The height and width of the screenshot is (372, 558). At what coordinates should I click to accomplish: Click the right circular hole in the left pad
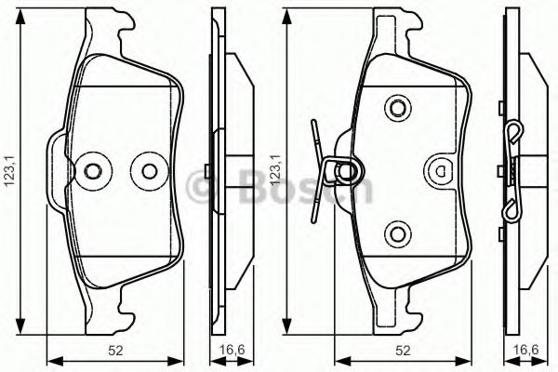147,170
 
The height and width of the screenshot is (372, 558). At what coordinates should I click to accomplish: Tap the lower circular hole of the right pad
397,232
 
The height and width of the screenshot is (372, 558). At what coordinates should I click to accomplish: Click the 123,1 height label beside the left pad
10,171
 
